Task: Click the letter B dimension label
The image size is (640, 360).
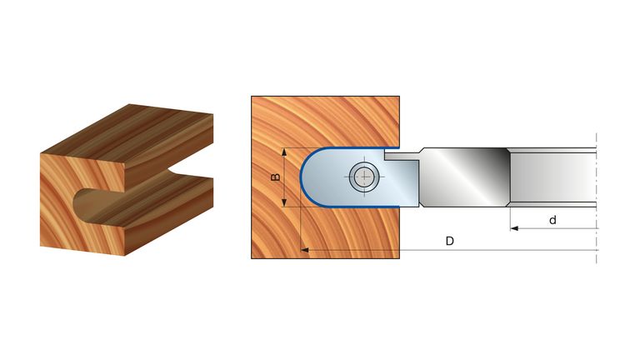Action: [x=276, y=177]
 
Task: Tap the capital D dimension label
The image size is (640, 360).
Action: [x=449, y=241]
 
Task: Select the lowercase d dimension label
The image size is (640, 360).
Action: [x=552, y=220]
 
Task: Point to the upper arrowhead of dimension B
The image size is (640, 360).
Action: [x=284, y=152]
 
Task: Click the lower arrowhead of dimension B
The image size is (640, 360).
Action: [x=284, y=202]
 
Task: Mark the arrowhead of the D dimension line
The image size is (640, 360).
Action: [x=304, y=250]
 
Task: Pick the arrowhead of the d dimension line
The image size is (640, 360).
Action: [x=514, y=228]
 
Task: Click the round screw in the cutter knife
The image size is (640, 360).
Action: [x=364, y=177]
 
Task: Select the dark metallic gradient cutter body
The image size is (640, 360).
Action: [x=464, y=177]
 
